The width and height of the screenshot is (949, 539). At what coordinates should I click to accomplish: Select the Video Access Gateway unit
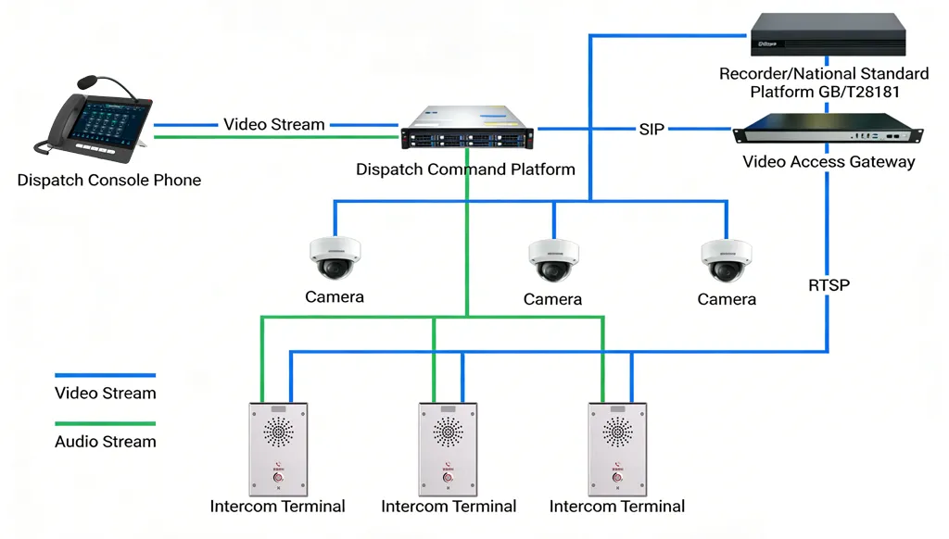click(829, 130)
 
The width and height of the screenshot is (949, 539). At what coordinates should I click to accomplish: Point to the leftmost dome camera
click(335, 258)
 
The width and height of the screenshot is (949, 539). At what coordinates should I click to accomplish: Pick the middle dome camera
click(553, 260)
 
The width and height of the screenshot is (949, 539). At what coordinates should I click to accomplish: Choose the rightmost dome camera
click(727, 260)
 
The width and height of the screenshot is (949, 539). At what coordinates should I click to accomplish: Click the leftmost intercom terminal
click(278, 449)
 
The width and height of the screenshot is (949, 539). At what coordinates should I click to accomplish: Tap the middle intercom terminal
click(448, 449)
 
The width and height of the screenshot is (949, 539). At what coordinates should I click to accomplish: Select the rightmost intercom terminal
click(617, 449)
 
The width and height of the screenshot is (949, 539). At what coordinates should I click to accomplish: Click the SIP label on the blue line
click(652, 130)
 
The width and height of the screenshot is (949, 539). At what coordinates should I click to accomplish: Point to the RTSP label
click(829, 285)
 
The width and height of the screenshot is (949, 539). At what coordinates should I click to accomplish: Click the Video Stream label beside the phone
click(274, 124)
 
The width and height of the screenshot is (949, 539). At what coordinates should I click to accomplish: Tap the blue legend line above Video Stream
click(105, 376)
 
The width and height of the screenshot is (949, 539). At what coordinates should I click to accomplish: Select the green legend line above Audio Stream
click(105, 424)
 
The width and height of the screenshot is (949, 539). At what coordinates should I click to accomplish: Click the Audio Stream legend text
click(105, 442)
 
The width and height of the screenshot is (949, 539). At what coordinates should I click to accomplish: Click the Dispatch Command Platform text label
click(465, 169)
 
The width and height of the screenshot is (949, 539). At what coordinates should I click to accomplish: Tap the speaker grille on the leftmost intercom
click(278, 432)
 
